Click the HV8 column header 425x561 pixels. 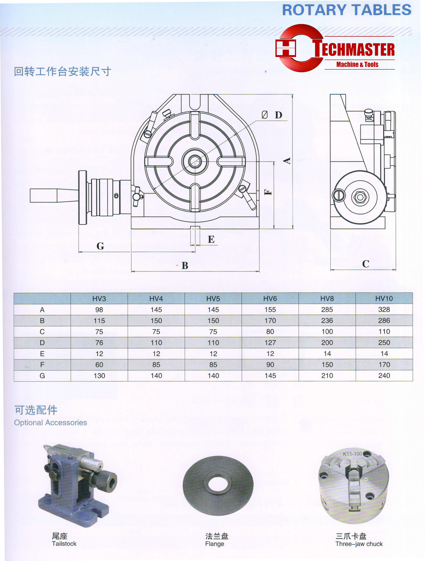pos(327,298)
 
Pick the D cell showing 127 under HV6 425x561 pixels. pos(270,343)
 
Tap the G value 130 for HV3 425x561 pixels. pos(99,376)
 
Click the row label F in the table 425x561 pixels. pos(42,365)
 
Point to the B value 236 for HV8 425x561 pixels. pos(327,321)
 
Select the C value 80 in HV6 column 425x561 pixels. pos(270,332)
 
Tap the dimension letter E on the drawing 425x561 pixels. pos(211,239)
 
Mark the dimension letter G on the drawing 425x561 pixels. pos(100,246)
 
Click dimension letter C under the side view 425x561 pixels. pos(365,264)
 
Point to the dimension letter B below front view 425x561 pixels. pos(185,266)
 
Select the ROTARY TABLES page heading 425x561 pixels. pos(346,10)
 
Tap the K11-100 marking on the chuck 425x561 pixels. pos(352,454)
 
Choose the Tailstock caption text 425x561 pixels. pos(64,544)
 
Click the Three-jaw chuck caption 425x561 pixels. pos(359,544)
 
